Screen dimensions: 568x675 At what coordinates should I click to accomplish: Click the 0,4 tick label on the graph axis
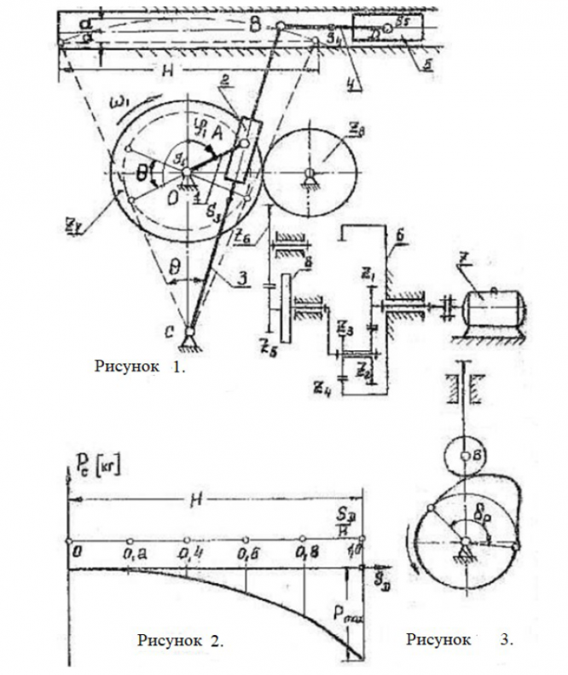188,555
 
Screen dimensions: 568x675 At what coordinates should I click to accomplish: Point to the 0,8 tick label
304,555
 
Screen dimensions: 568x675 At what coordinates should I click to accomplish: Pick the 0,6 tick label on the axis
246,555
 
